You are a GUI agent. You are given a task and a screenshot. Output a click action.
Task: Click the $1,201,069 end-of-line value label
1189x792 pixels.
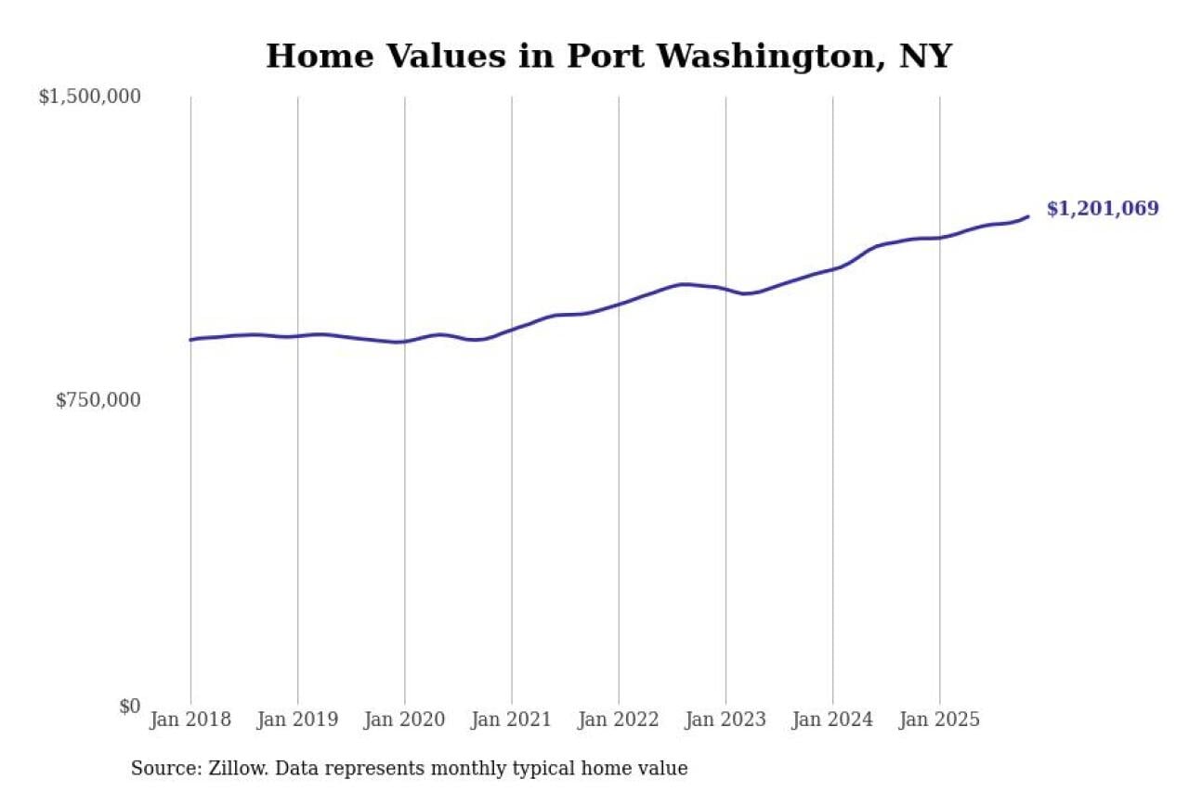coord(1103,209)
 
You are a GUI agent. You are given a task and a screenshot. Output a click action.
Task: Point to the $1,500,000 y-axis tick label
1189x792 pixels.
coord(89,97)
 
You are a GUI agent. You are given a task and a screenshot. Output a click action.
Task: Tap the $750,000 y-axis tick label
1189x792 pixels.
coord(98,400)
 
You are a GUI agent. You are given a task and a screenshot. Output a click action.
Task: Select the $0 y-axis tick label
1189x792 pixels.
coord(130,706)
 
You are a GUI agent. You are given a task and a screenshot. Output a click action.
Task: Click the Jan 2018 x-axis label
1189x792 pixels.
coord(190,720)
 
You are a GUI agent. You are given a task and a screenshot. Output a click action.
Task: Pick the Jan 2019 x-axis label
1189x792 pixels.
coord(297,720)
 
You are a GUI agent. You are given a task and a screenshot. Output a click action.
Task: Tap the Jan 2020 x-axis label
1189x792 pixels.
coord(404,720)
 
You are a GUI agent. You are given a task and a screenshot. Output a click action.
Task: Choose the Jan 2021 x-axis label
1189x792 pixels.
coord(511,720)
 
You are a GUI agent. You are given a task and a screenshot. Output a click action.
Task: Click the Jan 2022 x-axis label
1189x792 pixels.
coord(618,720)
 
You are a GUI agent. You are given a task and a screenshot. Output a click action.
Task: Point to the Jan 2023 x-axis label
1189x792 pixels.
coord(725,720)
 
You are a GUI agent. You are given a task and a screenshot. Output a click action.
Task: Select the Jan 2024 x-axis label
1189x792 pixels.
coord(832,720)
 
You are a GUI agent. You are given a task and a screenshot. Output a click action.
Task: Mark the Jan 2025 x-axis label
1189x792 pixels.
coord(939,720)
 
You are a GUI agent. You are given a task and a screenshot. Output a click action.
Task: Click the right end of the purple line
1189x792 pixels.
coord(1028,216)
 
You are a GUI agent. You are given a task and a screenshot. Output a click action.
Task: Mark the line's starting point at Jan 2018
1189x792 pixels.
coord(191,340)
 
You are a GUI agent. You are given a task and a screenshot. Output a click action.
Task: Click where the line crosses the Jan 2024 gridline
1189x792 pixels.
coord(832,268)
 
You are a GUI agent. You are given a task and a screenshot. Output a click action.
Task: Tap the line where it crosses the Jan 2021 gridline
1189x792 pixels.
coord(511,330)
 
